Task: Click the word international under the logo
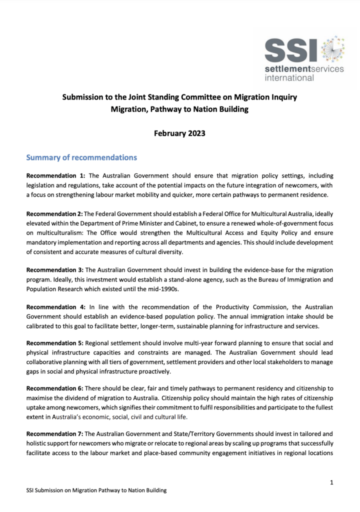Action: click(289, 77)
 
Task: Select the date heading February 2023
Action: click(179, 133)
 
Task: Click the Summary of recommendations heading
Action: click(81, 157)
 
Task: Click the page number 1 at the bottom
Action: click(332, 482)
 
